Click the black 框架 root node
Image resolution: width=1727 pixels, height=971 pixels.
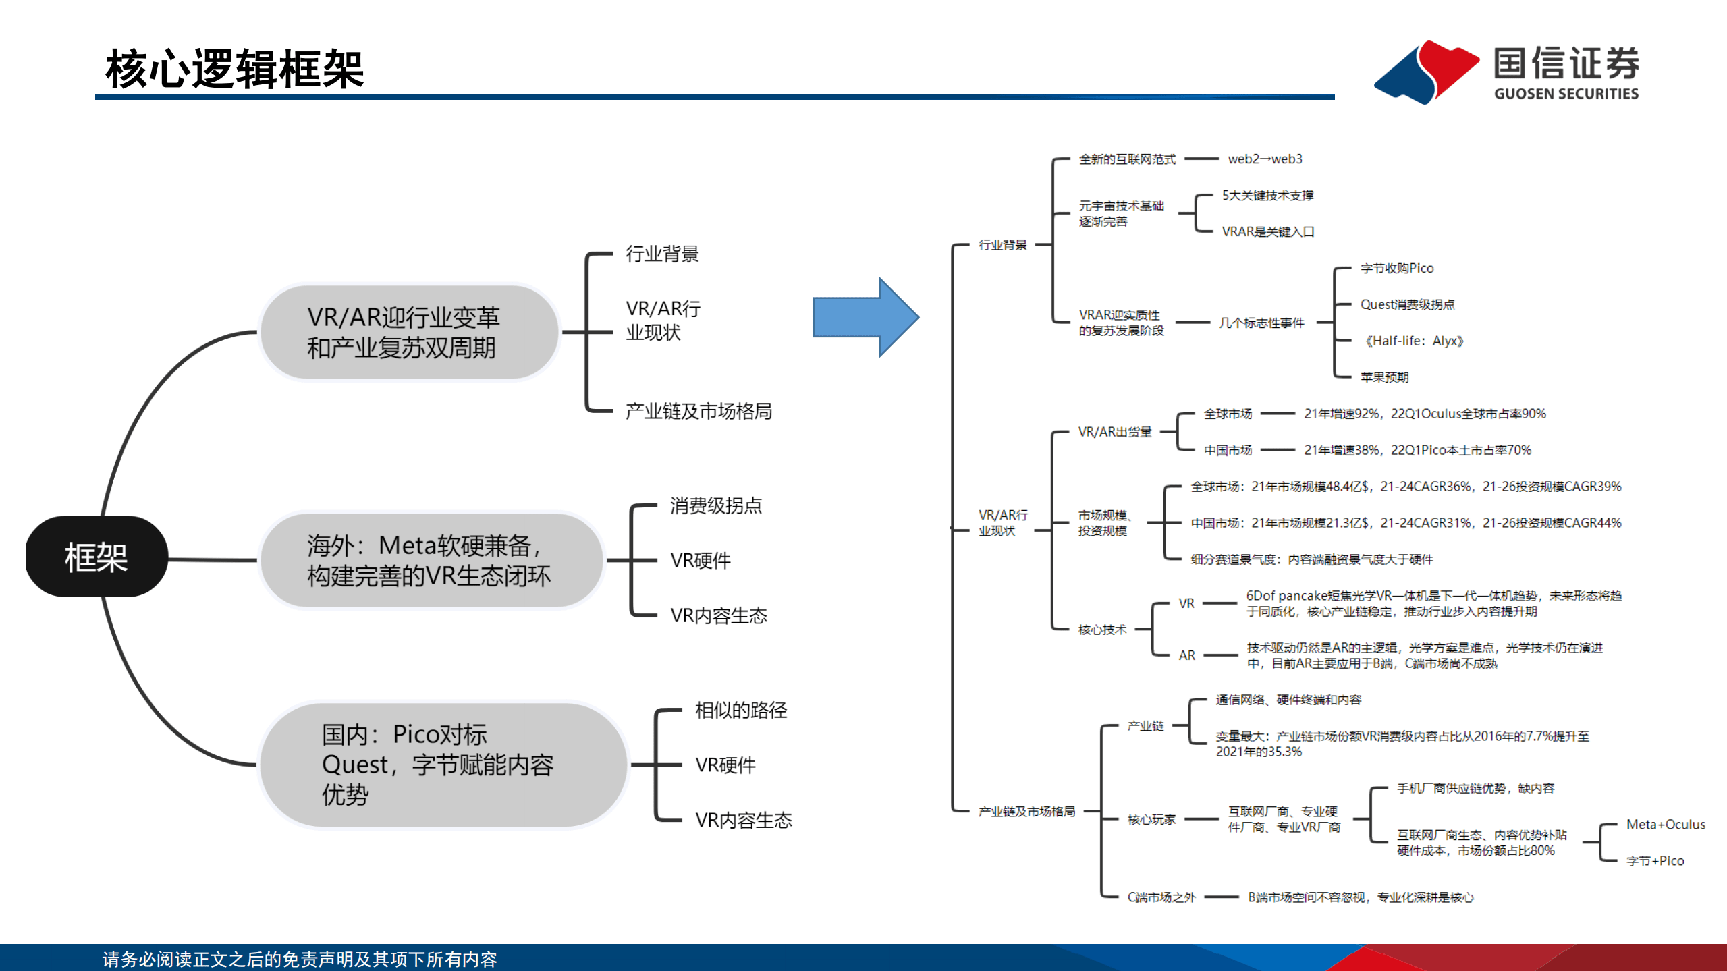point(97,557)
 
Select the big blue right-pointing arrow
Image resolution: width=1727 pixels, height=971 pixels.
point(864,317)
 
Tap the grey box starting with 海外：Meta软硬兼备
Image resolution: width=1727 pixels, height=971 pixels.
point(430,561)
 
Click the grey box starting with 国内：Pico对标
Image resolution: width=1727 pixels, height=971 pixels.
point(442,765)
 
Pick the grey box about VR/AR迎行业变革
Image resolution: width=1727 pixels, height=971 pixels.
point(409,332)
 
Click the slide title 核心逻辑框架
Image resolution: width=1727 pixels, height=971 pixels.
point(234,69)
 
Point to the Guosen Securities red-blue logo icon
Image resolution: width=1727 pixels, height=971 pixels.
point(1425,72)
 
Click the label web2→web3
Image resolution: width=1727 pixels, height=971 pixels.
point(1265,159)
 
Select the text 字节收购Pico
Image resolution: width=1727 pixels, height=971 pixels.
point(1396,268)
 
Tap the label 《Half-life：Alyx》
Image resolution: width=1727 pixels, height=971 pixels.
point(1413,341)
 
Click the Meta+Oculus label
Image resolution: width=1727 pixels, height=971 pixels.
point(1665,824)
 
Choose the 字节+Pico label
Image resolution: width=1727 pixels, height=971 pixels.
point(1655,860)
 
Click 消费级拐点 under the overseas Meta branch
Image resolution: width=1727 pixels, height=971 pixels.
point(715,505)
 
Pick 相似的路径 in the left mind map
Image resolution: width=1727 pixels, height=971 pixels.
point(740,710)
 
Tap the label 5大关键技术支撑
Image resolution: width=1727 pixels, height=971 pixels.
point(1267,195)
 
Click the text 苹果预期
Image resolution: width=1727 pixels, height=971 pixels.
point(1384,377)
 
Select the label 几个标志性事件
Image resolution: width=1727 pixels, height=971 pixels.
point(1261,323)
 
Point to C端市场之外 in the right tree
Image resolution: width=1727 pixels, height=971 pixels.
point(1161,897)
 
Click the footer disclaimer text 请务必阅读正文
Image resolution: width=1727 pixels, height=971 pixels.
point(300,959)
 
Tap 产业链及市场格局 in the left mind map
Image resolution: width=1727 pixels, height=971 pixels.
point(698,411)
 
